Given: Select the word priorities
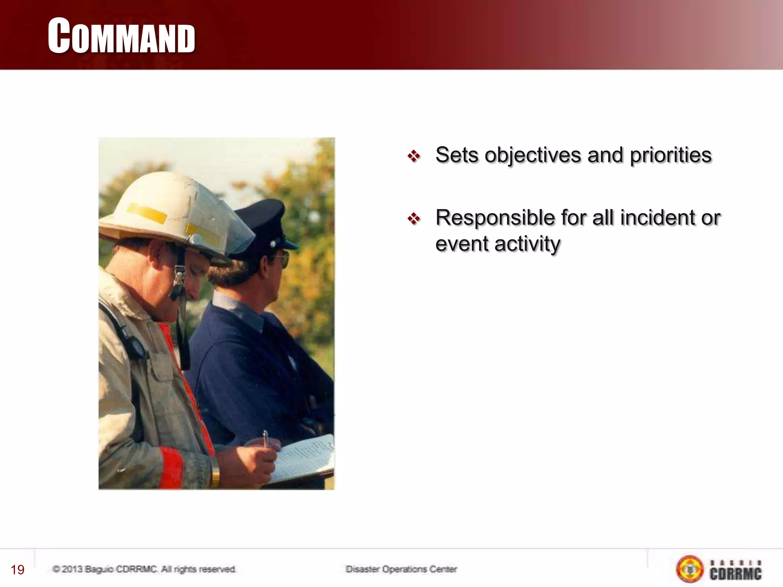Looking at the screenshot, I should click(x=671, y=155).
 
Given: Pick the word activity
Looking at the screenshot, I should click(x=527, y=244).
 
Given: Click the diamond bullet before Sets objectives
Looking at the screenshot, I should click(x=414, y=156).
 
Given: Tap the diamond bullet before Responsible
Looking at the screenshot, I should click(x=414, y=219).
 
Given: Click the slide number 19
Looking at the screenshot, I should click(x=18, y=570).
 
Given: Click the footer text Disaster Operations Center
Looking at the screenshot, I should click(x=401, y=569).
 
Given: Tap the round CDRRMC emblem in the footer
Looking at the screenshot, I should click(x=690, y=569).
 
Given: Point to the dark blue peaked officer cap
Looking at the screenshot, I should click(x=264, y=225).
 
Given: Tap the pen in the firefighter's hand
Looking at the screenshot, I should click(x=265, y=439).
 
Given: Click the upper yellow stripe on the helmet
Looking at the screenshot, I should click(x=145, y=214).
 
